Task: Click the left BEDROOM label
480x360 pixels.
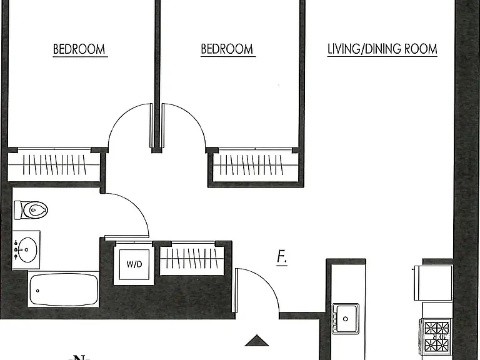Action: point(79,49)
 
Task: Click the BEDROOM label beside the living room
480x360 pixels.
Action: point(227,49)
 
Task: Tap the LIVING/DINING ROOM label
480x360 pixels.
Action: point(382,49)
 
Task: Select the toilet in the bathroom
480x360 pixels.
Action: point(31,210)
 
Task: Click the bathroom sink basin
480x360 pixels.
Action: point(27,250)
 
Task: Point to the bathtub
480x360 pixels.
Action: point(63,289)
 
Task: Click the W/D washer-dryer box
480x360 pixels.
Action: point(134,264)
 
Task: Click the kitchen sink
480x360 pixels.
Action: point(346,318)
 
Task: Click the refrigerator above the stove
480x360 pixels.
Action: point(433,283)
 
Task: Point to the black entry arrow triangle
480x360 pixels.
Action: point(257,341)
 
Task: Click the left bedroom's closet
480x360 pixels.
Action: point(54,165)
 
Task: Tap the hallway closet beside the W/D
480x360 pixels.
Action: point(192,258)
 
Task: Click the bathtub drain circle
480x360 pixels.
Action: point(37,291)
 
